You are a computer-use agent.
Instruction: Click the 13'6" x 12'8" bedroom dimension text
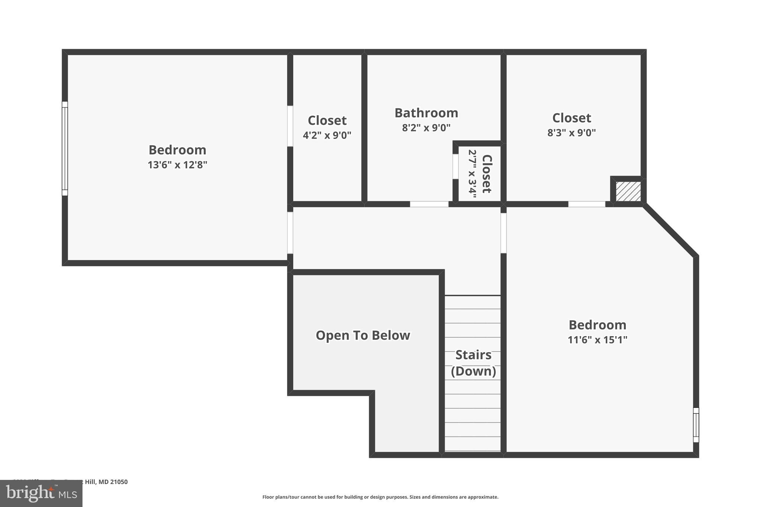click(177, 165)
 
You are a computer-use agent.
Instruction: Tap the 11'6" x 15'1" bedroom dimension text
click(597, 340)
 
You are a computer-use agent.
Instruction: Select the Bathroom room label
click(426, 113)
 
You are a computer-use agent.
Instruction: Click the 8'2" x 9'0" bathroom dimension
click(426, 128)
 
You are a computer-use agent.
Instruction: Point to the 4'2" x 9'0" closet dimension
click(327, 136)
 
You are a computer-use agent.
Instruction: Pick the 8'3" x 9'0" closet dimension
click(571, 133)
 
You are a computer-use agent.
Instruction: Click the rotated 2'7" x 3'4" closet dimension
click(472, 174)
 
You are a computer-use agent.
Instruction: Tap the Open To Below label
click(363, 335)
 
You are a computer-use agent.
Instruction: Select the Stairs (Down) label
click(473, 363)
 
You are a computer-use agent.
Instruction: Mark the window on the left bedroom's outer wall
click(65, 149)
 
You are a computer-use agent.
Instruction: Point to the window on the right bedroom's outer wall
click(696, 425)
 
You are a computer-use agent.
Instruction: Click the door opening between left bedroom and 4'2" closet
click(290, 126)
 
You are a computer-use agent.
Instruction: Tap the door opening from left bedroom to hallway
click(290, 233)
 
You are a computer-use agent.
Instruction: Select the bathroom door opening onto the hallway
click(429, 204)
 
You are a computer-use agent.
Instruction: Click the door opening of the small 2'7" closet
click(455, 166)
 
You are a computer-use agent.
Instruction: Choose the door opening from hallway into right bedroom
click(503, 233)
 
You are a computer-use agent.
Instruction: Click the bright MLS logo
click(41, 493)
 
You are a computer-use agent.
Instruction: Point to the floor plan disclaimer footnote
click(380, 497)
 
